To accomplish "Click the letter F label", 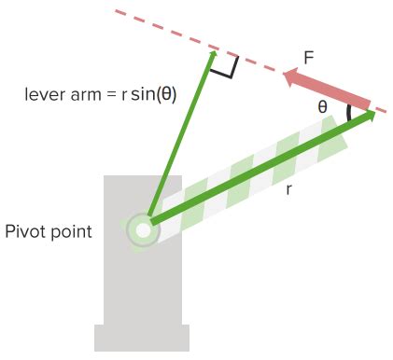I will pos(308,59).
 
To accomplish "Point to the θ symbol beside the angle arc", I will pos(323,107).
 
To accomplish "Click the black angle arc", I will pos(349,113).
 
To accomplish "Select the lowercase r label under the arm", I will pos(288,188).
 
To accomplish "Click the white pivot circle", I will pos(143,228).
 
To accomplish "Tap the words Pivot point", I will pos(49,230).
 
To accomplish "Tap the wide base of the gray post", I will pos(142,338).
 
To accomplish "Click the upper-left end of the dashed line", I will pos(117,12).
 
